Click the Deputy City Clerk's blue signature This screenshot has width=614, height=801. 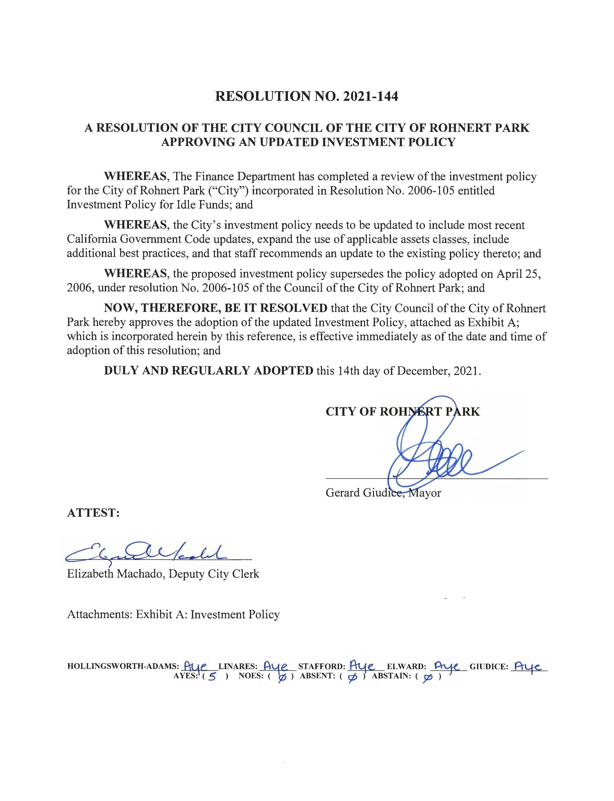146,556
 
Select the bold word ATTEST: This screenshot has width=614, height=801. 93,513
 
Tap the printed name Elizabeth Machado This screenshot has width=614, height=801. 115,574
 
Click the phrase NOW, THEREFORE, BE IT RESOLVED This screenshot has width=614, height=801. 216,308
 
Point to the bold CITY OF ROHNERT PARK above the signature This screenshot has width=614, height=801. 402,412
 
